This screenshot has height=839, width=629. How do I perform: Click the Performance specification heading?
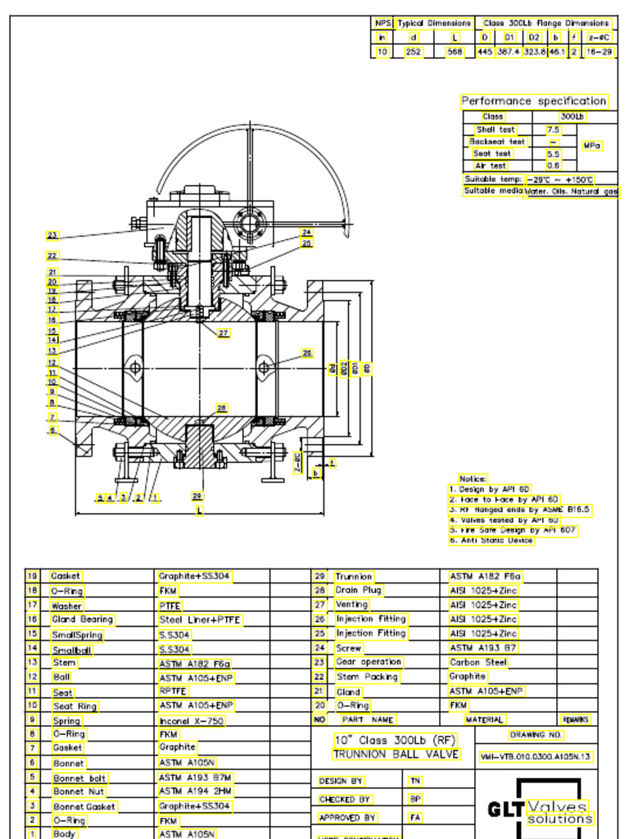(x=534, y=101)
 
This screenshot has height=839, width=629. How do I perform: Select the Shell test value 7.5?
(x=553, y=129)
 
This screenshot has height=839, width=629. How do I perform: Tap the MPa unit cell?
(x=592, y=145)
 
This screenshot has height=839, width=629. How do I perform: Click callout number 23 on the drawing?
(x=52, y=235)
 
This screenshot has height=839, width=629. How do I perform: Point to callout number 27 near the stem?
(x=223, y=333)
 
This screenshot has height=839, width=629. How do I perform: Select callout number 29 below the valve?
(x=197, y=496)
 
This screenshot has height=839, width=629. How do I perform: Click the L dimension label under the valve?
(x=199, y=510)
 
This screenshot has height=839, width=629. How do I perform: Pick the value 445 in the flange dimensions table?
(x=485, y=52)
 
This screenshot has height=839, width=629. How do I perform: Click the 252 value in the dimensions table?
(x=414, y=52)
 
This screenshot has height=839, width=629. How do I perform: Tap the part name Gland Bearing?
(x=82, y=619)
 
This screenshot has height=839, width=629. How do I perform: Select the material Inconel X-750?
(x=191, y=720)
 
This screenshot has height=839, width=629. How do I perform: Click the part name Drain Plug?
(x=358, y=590)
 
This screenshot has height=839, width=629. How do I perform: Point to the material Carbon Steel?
(x=478, y=662)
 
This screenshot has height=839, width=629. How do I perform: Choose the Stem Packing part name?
(x=367, y=677)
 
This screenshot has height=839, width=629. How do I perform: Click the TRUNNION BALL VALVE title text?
(x=396, y=754)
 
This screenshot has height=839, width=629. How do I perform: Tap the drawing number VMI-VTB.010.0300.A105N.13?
(x=536, y=756)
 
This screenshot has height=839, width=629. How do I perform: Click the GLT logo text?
(x=505, y=810)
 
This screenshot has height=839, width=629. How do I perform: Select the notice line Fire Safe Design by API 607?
(x=513, y=530)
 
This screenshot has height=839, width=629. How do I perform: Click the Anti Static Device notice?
(x=491, y=540)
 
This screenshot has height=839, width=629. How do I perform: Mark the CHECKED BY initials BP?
(x=415, y=798)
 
